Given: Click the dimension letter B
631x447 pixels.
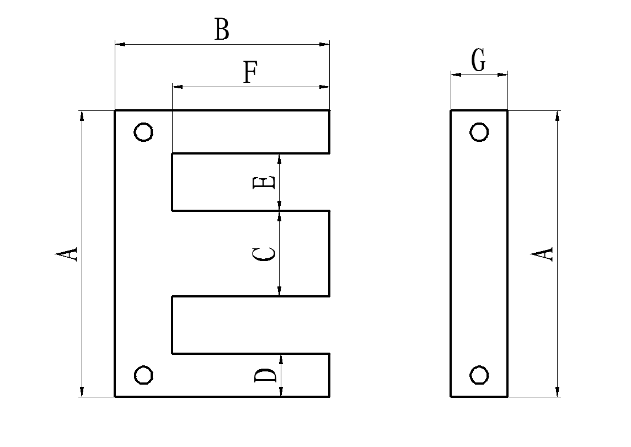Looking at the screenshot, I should pos(221,30).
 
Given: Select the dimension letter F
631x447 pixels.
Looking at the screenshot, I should pos(251,72).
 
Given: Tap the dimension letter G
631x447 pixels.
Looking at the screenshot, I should pos(479,61).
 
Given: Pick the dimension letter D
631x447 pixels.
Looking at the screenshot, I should pos(265,376).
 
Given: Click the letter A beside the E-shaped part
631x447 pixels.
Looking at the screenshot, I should pos(67,254).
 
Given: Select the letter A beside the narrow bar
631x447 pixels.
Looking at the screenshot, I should pos(542,254).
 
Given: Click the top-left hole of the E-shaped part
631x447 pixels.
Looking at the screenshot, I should pos(144,132).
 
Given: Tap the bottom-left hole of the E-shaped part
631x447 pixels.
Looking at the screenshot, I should pos(144,375).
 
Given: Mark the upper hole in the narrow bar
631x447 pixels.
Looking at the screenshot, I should pos(479,132).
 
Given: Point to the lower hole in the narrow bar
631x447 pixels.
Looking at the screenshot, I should pos(479,375).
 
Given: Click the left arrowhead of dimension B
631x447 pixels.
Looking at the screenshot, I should pos(119,43).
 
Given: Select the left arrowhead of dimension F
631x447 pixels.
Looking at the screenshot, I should pos(177,87).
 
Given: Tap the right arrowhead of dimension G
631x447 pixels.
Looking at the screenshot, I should pos(503,74).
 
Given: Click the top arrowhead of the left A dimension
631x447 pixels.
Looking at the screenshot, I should pos(82,115).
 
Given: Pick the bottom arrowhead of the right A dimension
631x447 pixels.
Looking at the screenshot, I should pos(558,392).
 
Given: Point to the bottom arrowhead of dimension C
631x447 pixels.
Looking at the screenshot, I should pos(280,291).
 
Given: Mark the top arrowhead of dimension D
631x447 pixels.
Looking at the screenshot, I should pos(281,359).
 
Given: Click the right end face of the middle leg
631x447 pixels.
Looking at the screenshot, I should pos(329,253).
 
